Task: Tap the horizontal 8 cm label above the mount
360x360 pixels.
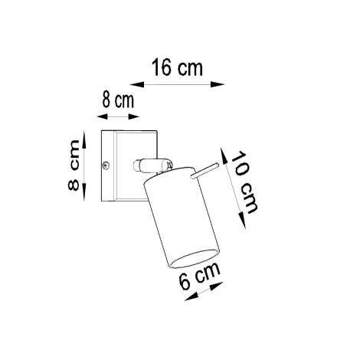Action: pyautogui.click(x=118, y=101)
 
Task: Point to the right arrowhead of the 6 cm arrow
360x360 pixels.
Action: pyautogui.click(x=222, y=283)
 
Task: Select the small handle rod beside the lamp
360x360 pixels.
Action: pyautogui.click(x=204, y=171)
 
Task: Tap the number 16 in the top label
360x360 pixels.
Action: pyautogui.click(x=164, y=67)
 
